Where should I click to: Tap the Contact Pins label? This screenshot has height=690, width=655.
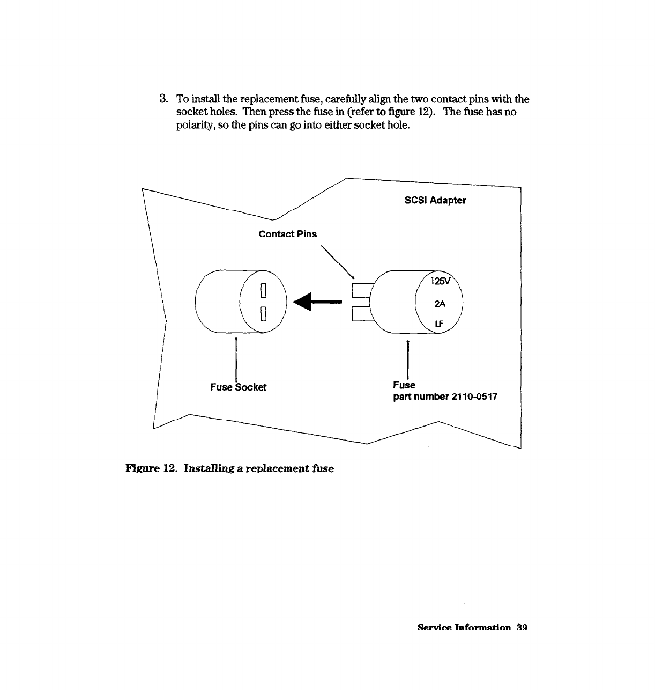click(287, 234)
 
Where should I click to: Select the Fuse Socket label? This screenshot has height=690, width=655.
click(238, 387)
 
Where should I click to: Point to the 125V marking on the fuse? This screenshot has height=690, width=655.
click(441, 282)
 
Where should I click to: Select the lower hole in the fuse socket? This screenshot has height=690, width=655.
click(263, 313)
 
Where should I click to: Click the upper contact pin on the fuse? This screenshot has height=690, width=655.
click(362, 290)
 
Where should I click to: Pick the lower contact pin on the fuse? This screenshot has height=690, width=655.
click(362, 313)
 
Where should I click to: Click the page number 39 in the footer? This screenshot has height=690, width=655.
click(522, 628)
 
